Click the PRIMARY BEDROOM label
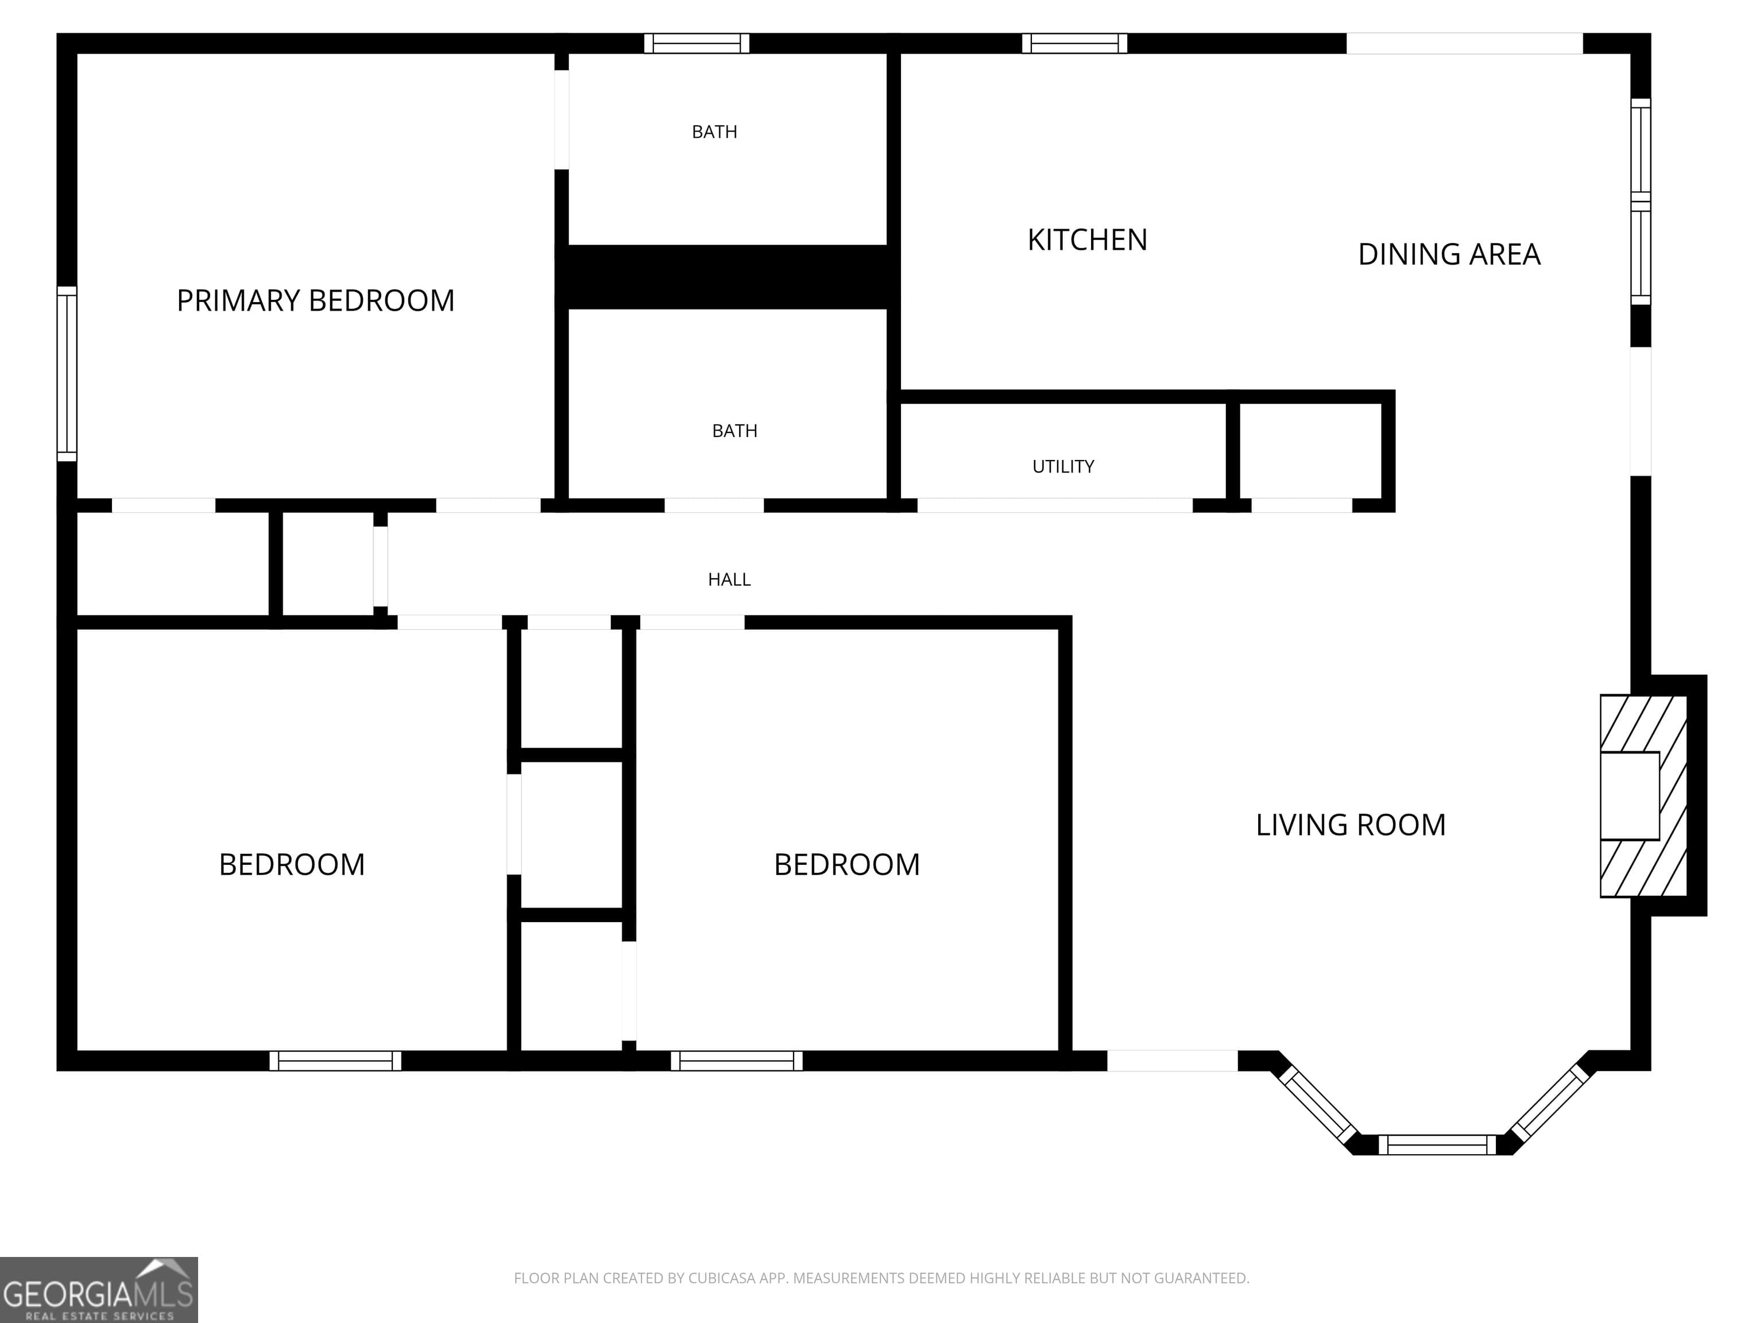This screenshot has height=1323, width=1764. pos(315,301)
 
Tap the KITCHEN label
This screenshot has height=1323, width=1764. pos(1087,240)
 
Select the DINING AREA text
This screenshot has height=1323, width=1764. pos(1448,254)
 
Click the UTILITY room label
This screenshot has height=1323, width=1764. pos(1063,466)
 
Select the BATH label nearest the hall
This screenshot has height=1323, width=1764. pos(734,431)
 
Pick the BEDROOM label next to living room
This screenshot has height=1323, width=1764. pos(846,864)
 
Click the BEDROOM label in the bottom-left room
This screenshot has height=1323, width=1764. pos(292,864)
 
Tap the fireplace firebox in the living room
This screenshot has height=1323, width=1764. pos(1629,795)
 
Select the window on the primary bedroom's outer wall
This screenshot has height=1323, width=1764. pos(67,373)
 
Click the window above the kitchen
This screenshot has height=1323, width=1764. pos(1074,43)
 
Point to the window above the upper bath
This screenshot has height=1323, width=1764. pos(696,43)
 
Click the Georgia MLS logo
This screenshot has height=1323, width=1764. pos(98,1290)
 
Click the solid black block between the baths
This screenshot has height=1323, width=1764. pos(728,277)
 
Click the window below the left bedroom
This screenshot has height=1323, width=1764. pos(335,1061)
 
